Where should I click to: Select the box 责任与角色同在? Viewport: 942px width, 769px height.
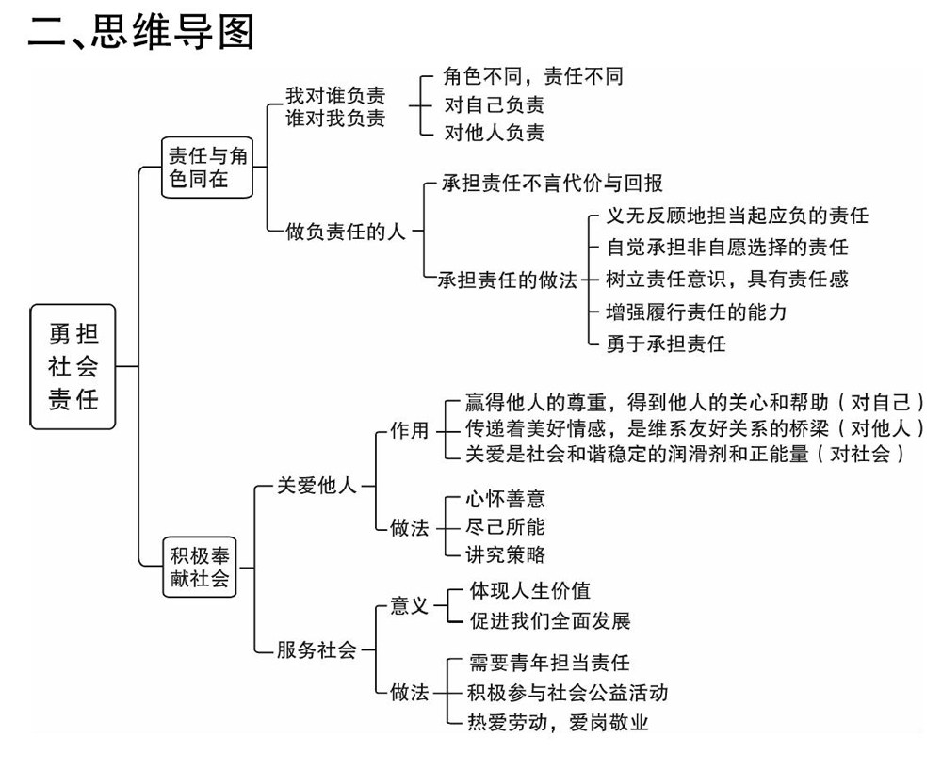point(208,167)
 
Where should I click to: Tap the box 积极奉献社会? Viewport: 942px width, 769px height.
point(199,566)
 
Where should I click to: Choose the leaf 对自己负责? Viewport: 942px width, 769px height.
point(495,104)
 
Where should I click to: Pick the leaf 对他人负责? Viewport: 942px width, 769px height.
point(495,132)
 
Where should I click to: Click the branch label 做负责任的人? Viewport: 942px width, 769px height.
point(346,231)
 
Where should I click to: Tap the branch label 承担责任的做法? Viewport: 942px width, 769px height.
point(509,280)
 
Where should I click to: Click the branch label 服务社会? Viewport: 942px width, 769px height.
point(317,649)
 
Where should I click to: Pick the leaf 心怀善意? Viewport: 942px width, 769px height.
point(506,499)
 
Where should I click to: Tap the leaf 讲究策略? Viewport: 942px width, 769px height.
point(506,553)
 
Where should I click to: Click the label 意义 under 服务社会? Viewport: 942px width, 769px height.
point(409,606)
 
